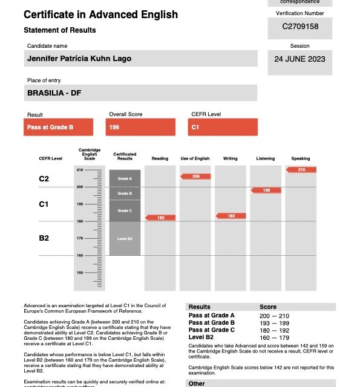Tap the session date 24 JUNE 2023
pos(299,59)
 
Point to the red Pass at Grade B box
pos(59,128)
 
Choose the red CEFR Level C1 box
pos(223,128)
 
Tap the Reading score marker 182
pos(160,218)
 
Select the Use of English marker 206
pos(195,176)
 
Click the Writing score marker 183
pos(231,216)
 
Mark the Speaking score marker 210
pos(301,169)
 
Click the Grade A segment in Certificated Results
pos(125,178)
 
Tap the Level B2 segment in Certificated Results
pos(125,238)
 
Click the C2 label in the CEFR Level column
pos(44,179)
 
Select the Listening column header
pos(266,158)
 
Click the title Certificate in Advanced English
pos(101,15)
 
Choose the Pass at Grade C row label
pos(211,330)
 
